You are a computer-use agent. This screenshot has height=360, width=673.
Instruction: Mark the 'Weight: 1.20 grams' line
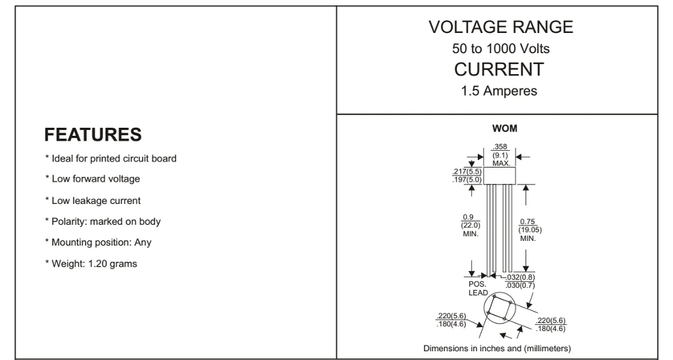tap(91, 263)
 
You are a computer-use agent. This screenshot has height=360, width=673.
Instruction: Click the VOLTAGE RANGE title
tap(501, 28)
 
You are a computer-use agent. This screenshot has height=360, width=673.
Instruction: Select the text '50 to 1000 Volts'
tap(501, 49)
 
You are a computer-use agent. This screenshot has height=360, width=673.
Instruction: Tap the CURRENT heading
tap(501, 70)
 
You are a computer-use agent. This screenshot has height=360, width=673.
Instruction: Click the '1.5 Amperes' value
tap(501, 91)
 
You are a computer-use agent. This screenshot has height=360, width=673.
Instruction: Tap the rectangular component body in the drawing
tap(500, 175)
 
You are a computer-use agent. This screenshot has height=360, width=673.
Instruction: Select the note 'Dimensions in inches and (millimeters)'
tap(497, 348)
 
